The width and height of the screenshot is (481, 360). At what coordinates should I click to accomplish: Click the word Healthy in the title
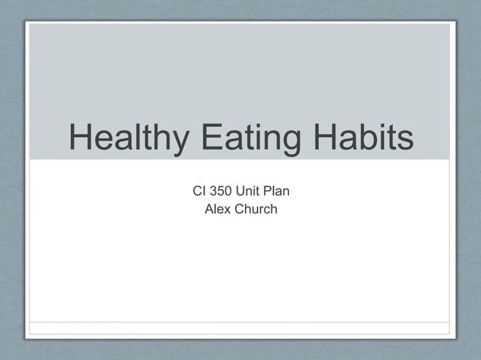[127, 139]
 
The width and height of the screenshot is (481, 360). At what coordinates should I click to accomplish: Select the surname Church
[256, 209]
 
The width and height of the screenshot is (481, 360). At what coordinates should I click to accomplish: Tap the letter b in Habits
[366, 139]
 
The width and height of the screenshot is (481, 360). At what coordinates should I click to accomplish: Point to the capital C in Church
[240, 209]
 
